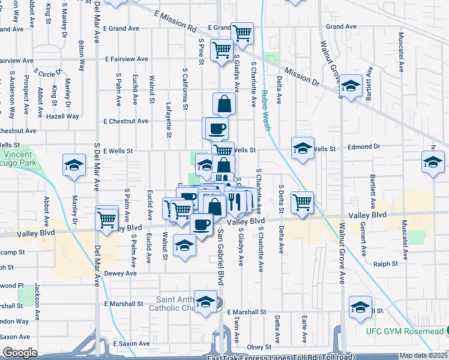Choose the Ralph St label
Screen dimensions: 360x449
pos(386,263)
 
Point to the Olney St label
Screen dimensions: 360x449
pos(259,347)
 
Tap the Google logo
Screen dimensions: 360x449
pos(19,352)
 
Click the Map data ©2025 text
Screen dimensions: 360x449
pos(423,355)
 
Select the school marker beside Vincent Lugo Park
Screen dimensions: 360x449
pos(74,166)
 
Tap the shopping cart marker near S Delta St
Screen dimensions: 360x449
pos(302,202)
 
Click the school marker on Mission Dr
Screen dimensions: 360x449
pos(351,85)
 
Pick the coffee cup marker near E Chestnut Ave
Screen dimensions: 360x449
pos(217,127)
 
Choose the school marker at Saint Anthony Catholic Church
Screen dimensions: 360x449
pos(205,303)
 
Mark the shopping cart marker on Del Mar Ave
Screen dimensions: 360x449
pos(107,219)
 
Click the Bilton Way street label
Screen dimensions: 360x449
pos(81,56)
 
